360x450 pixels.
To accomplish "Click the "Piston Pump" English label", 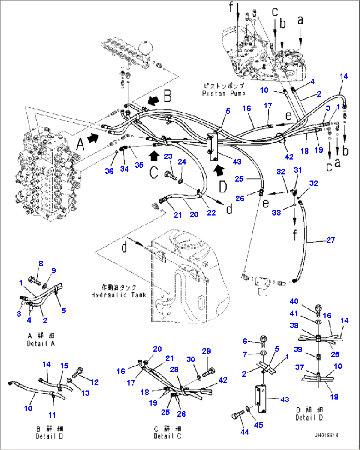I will (x=224, y=94).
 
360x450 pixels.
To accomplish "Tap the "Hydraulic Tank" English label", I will (x=119, y=295).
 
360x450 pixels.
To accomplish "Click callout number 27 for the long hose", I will (x=330, y=240).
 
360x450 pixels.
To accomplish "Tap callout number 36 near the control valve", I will (x=109, y=171).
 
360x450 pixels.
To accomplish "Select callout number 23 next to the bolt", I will (x=168, y=156).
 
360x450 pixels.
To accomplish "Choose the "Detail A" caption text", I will (x=41, y=344).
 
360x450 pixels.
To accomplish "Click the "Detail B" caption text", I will (x=49, y=436).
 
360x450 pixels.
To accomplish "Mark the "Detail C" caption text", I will (x=167, y=436).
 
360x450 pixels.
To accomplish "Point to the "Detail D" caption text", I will (x=309, y=417).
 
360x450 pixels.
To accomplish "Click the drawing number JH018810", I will (x=326, y=435).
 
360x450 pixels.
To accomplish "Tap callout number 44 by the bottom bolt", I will (x=245, y=432).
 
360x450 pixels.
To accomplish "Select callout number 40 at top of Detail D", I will (x=294, y=301).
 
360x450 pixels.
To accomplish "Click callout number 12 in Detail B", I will (x=94, y=382).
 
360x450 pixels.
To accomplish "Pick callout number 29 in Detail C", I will (x=206, y=351).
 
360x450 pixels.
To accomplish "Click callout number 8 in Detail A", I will (x=41, y=263).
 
